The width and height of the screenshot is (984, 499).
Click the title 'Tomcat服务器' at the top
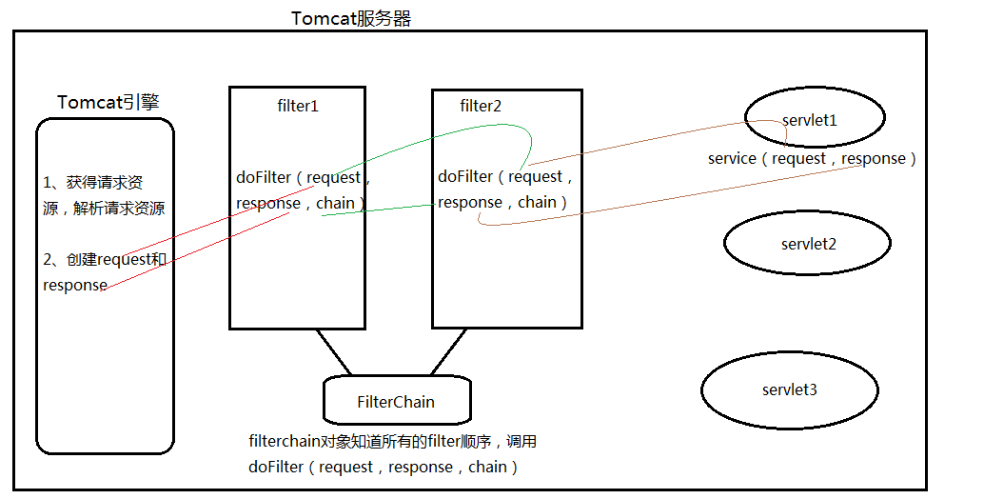coord(351,18)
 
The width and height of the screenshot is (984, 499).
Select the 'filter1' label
coord(298,106)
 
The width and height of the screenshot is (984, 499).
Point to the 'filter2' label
coord(481,106)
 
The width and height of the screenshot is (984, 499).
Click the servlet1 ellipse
coord(816,117)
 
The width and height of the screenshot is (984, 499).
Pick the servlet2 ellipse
coord(808,243)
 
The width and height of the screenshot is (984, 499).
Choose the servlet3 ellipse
coord(789,389)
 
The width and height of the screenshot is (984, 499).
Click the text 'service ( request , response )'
coord(812,158)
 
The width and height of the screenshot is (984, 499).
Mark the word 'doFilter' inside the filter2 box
coord(465,176)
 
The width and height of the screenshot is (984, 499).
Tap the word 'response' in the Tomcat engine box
coord(75,286)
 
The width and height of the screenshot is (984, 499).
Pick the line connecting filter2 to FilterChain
coord(447,351)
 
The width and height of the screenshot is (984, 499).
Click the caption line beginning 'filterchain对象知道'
coord(393,442)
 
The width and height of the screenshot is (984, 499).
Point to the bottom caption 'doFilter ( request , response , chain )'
coord(383,467)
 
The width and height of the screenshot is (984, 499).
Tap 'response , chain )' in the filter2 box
coord(502,202)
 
